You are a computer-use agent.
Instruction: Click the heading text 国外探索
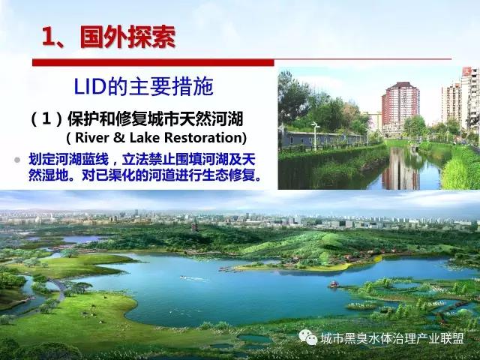(127, 37)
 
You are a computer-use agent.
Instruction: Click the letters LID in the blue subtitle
(90, 87)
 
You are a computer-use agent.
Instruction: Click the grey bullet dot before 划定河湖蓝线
(17, 160)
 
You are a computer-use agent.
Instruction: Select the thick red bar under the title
(153, 62)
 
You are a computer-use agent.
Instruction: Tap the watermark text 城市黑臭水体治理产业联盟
(392, 338)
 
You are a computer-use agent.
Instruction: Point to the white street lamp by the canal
(315, 135)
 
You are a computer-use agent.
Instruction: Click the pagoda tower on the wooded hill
(194, 226)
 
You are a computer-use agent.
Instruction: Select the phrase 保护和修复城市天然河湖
(155, 119)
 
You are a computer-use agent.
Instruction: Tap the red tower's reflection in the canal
(400, 170)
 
